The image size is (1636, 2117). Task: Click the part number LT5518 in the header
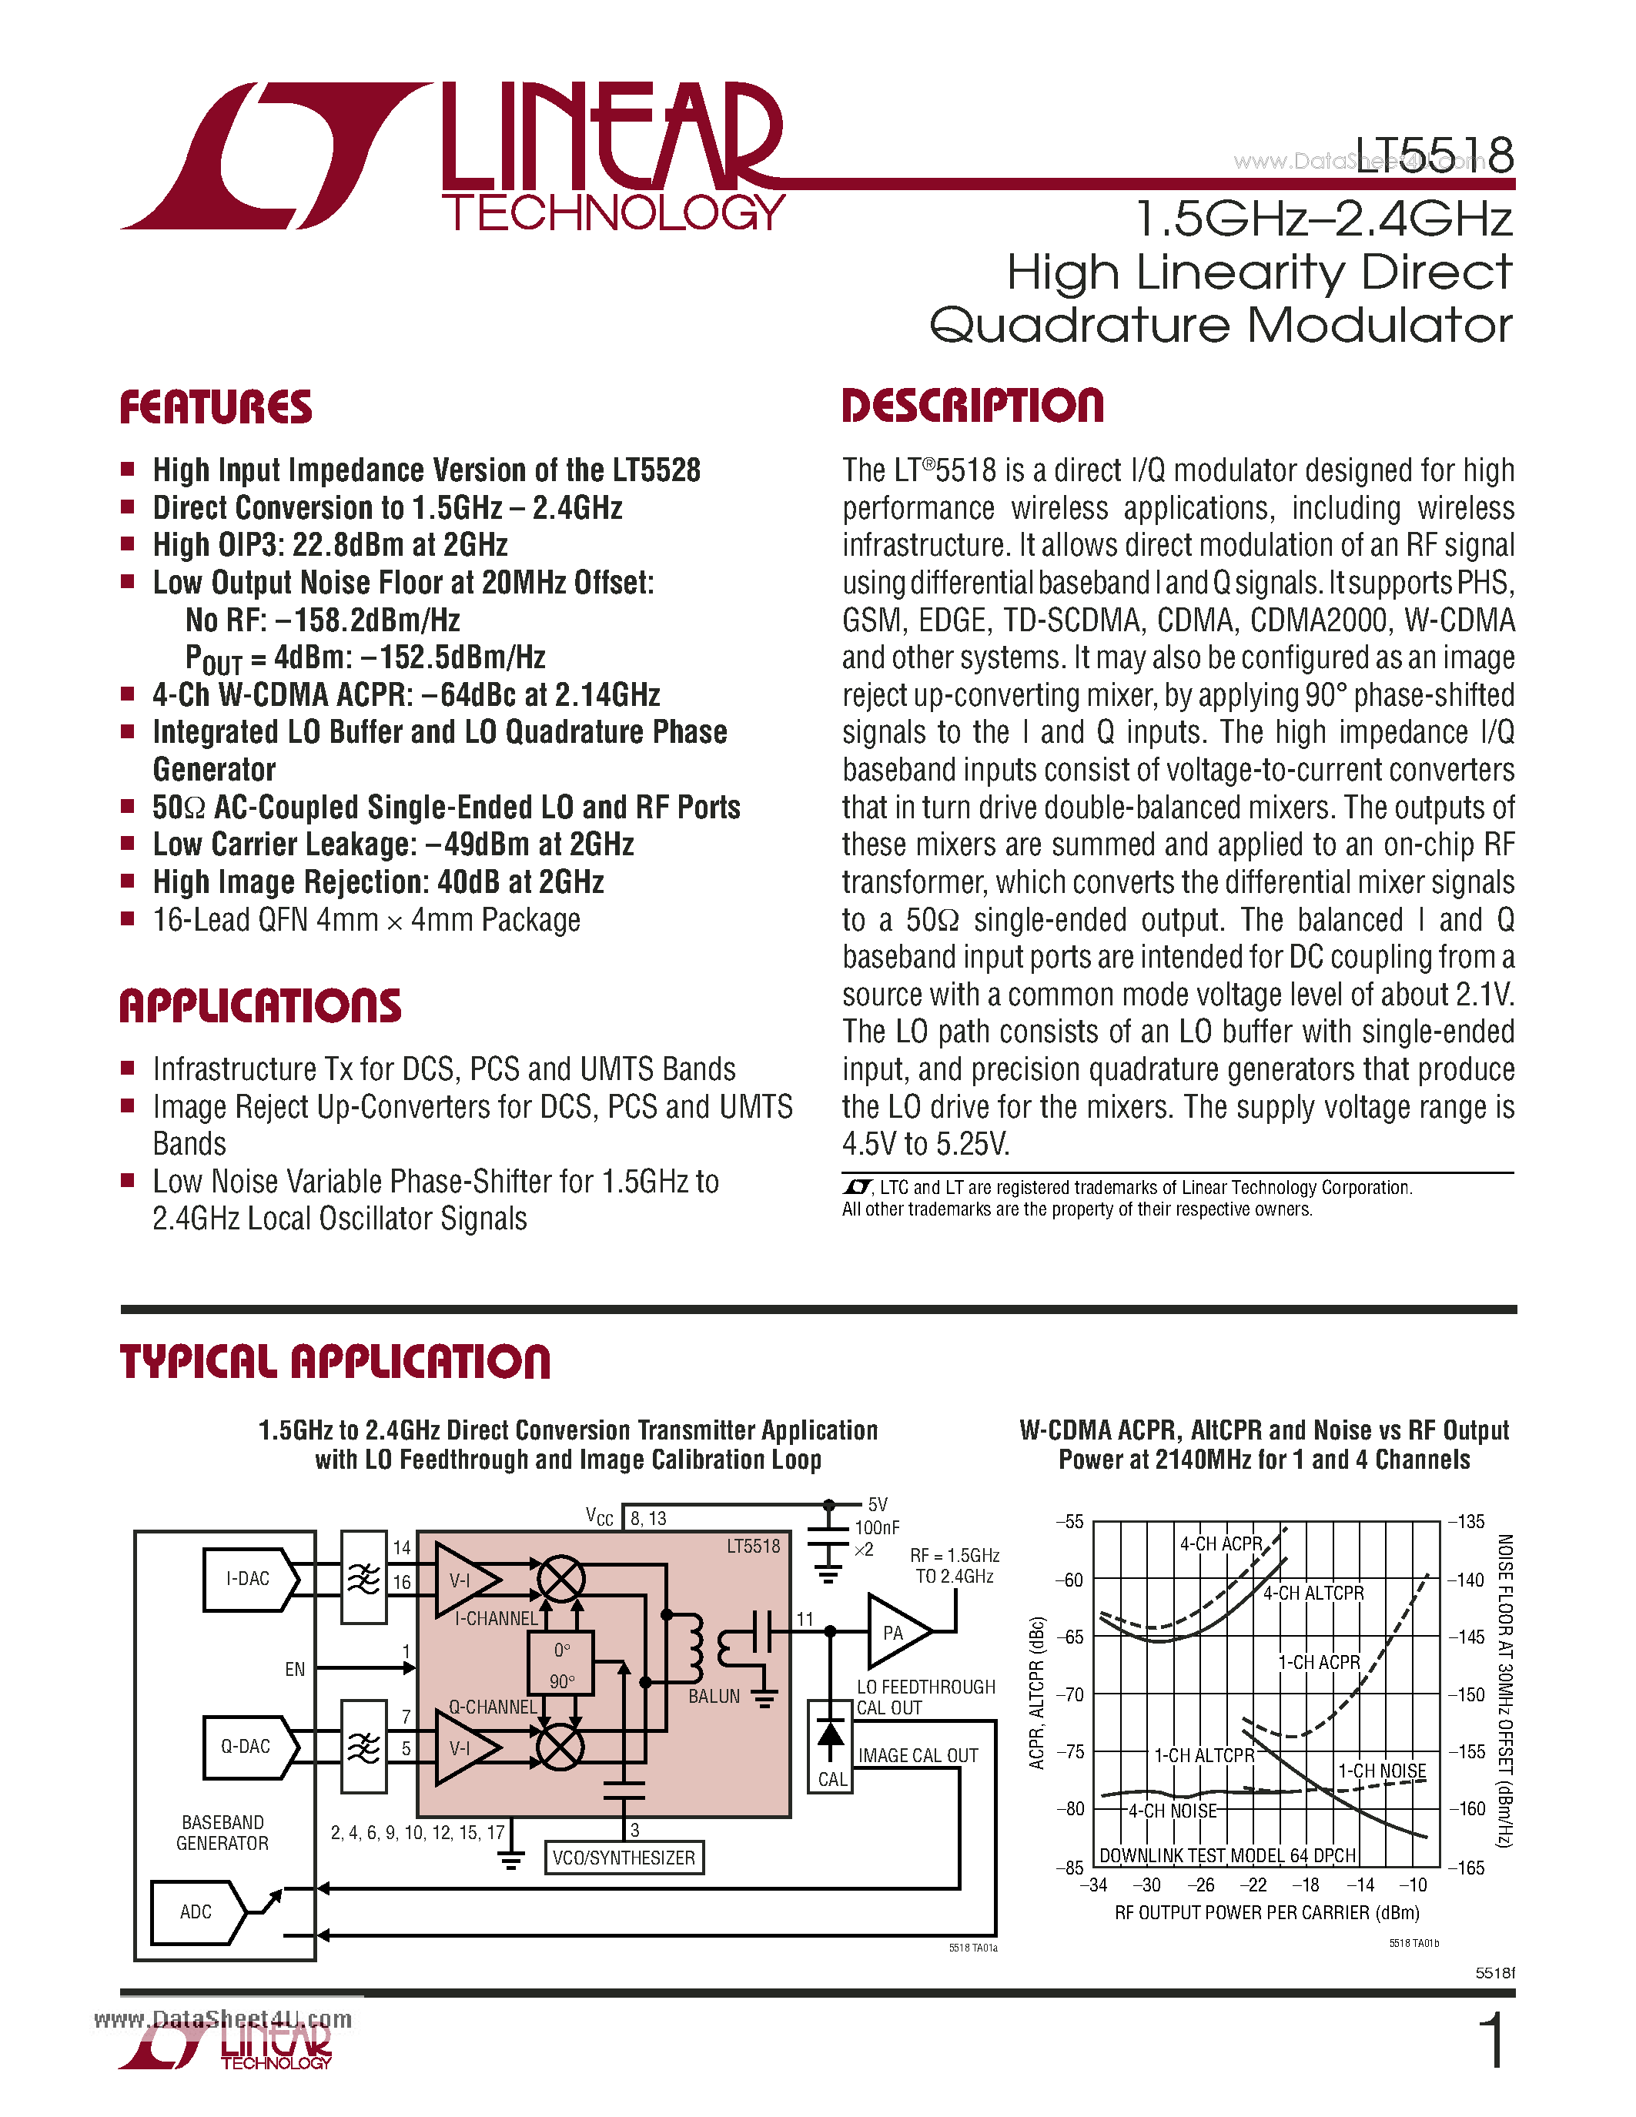click(x=1434, y=155)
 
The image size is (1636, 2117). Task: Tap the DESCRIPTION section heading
click(x=972, y=405)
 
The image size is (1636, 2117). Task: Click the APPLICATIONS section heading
click(x=259, y=1005)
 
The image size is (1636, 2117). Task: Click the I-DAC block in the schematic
click(x=248, y=1579)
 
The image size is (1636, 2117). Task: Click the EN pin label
click(x=295, y=1669)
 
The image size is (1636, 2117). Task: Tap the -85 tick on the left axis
click(x=1069, y=1867)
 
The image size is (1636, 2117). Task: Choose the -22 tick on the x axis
click(x=1253, y=1885)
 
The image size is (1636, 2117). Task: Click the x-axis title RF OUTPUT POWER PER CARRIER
click(x=1266, y=1912)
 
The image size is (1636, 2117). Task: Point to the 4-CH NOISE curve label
click(x=1172, y=1811)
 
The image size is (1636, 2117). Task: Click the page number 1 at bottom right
click(x=1494, y=2041)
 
